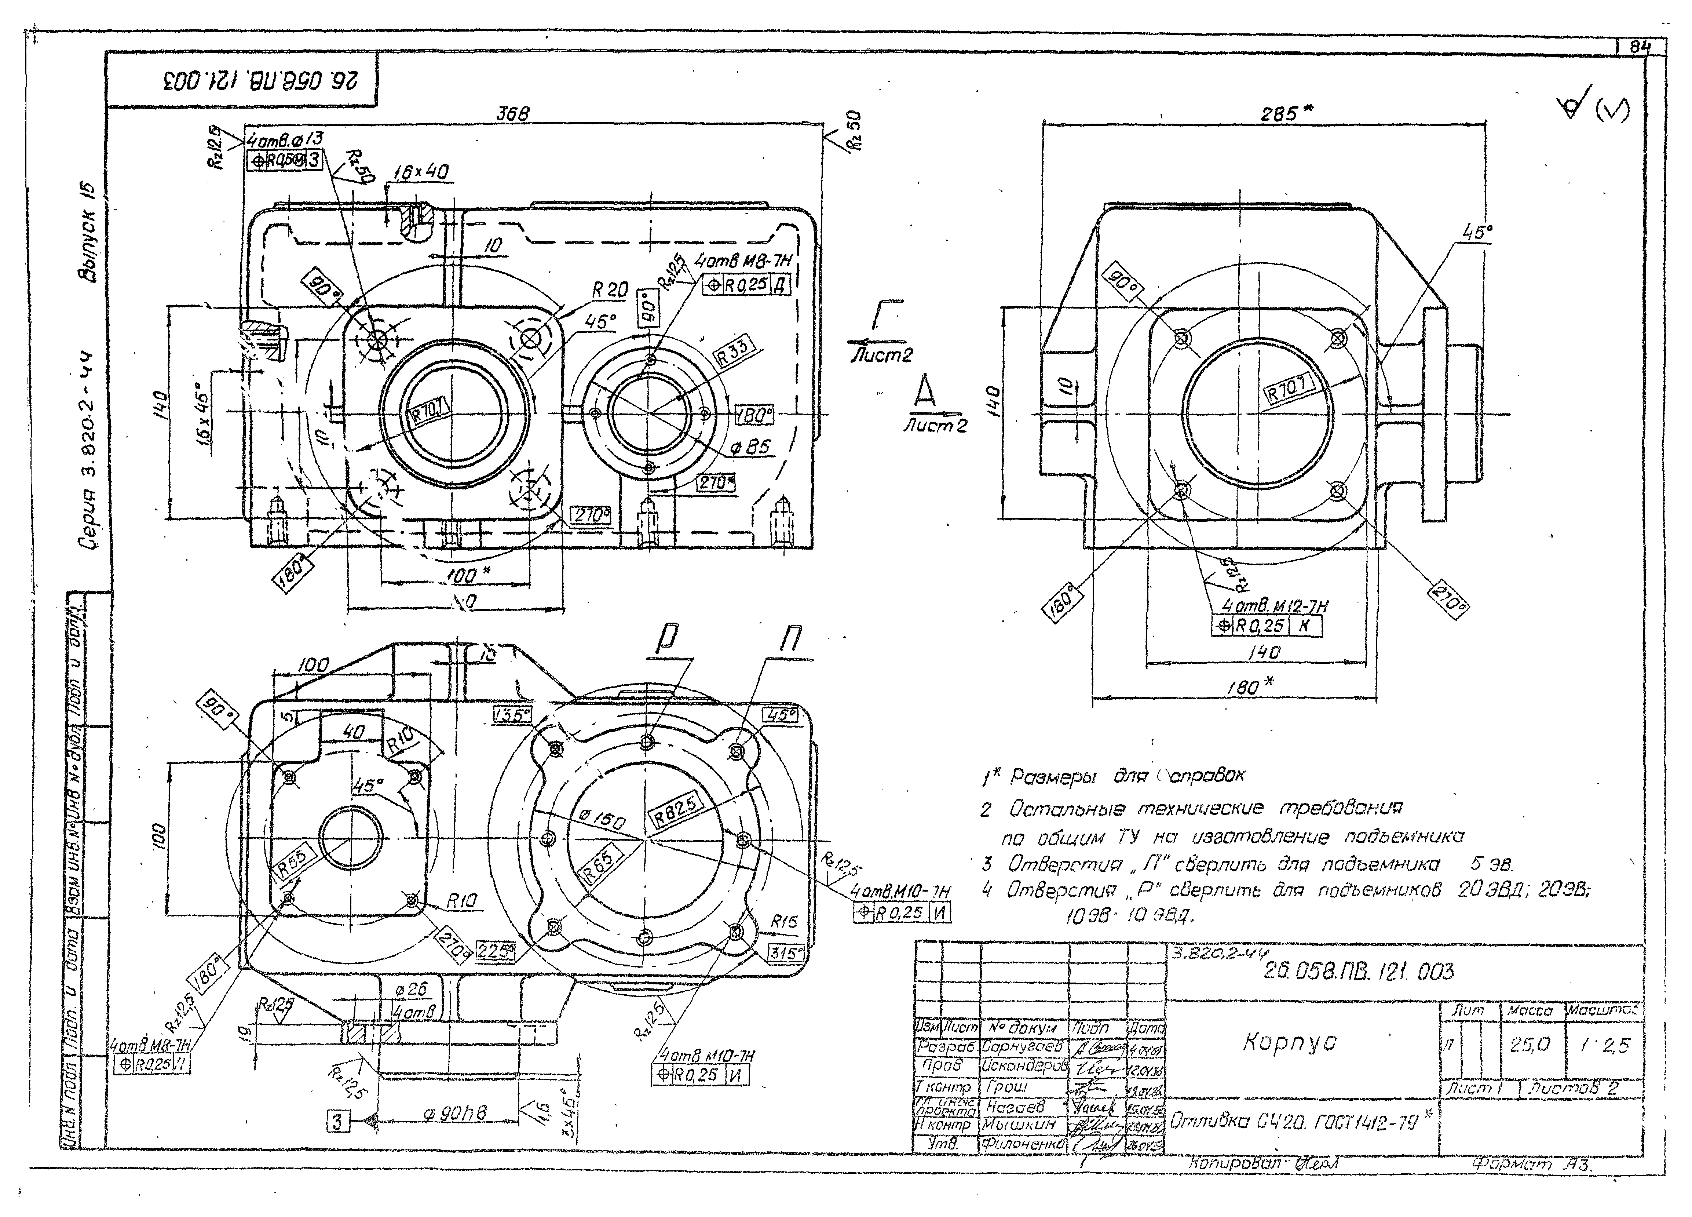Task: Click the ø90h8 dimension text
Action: (455, 1113)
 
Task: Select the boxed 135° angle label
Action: (512, 715)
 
